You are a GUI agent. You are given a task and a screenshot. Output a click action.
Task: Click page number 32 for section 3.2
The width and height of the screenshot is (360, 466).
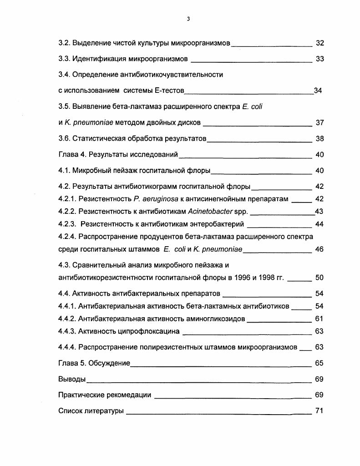pos(319,43)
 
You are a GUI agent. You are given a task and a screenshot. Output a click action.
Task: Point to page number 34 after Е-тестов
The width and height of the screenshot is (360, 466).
pos(318,91)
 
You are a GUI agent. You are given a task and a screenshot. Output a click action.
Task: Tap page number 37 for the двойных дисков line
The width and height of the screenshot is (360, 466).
pos(319,123)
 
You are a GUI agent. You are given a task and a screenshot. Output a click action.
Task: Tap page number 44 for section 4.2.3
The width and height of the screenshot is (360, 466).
pos(319,224)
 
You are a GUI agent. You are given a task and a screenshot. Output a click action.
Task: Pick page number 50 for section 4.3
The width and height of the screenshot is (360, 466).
pos(319,278)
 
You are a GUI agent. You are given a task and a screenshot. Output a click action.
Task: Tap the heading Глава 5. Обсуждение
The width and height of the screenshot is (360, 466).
pos(94,363)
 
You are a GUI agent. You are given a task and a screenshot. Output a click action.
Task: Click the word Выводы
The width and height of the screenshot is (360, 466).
pos(72,379)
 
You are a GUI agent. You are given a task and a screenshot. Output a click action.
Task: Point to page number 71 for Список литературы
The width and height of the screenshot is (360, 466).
pos(319,411)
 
